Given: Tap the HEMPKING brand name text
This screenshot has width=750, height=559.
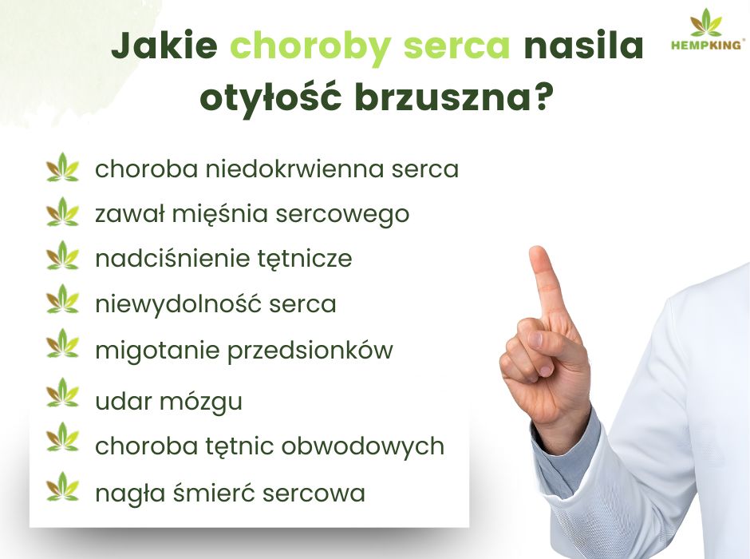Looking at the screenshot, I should pos(706,46).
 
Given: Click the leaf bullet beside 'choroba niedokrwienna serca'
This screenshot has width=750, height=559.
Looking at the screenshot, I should pos(63,168).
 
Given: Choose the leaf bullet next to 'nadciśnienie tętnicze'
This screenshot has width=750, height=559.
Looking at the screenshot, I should pos(63,259).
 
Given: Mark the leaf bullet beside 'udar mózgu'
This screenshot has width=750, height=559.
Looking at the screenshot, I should pos(63,394).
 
